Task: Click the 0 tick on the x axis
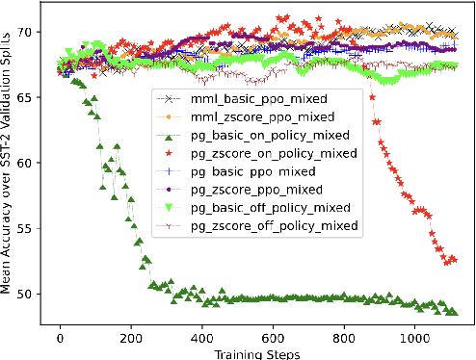tap(61, 338)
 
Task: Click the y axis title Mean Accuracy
tap(9, 173)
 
